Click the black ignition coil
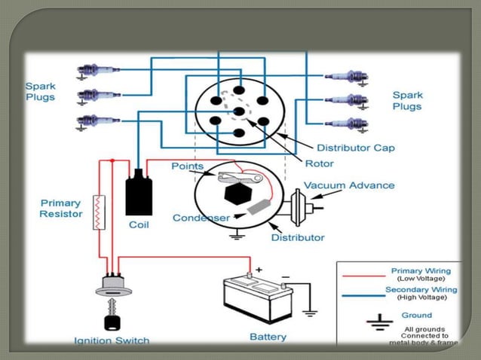click(x=138, y=194)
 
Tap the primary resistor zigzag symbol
click(x=98, y=212)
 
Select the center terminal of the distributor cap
click(x=239, y=111)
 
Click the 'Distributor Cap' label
click(x=355, y=148)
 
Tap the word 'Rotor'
click(x=319, y=163)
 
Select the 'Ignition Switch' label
click(x=112, y=340)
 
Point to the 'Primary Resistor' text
click(x=61, y=209)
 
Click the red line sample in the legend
click(x=361, y=275)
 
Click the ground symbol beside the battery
click(x=308, y=310)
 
